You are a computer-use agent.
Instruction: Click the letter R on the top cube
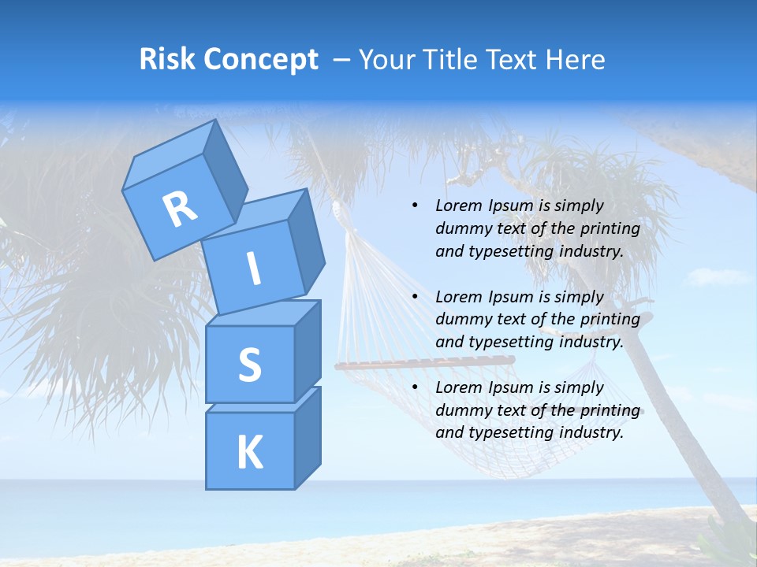click(180, 209)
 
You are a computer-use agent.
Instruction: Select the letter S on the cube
click(249, 365)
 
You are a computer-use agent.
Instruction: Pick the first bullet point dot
click(415, 206)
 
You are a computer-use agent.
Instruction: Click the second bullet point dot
click(415, 297)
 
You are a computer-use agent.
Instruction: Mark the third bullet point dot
click(415, 387)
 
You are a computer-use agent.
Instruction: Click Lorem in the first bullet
click(457, 206)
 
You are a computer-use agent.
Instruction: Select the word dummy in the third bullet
click(463, 410)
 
